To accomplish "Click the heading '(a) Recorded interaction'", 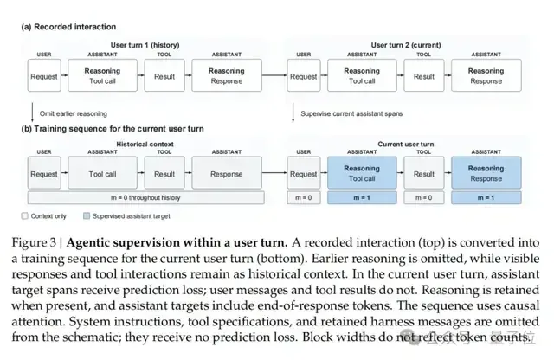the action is pos(68,27).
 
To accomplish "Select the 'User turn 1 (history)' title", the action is pos(145,45).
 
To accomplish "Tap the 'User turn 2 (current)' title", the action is pos(406,45).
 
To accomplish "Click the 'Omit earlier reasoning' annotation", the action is pos(73,113).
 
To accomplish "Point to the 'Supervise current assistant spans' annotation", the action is pos(351,113).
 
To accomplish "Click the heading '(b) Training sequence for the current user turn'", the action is pos(113,129).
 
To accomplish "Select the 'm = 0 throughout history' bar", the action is pos(145,198).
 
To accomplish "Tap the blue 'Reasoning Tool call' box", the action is pos(362,173).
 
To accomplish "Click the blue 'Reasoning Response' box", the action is pos(486,173).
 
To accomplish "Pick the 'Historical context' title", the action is pos(145,145).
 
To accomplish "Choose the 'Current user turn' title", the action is pos(406,145).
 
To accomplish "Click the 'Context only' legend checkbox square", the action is pos(24,215).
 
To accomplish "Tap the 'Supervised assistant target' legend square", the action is pos(87,215).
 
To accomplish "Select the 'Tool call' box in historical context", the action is pos(102,173).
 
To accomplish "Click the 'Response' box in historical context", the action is pos(227,173).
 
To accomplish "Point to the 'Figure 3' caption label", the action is pos(34,242).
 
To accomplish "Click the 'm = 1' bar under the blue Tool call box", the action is pos(362,198).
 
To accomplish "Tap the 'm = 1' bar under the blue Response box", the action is pos(486,198).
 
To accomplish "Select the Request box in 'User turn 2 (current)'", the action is pos(304,75).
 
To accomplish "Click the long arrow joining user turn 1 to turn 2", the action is pos(274,75).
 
